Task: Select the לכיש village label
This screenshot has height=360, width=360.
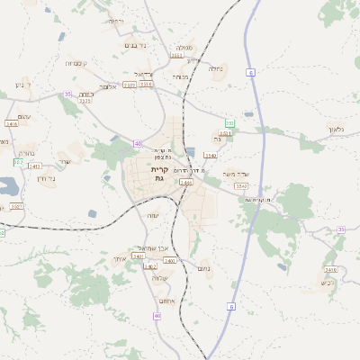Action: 328,283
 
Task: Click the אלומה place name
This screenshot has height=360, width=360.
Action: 108,86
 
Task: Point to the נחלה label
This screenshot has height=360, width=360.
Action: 215,68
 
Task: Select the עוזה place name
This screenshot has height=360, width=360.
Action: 152,215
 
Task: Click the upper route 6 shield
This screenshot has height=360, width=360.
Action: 250,72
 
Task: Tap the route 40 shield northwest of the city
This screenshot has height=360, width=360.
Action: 138,144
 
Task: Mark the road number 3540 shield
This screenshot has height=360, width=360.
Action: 210,156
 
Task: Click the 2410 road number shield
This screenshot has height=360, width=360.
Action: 330,269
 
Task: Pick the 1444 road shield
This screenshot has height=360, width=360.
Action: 185,182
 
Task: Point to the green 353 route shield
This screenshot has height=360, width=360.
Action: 229,123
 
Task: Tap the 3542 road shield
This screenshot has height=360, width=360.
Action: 241,185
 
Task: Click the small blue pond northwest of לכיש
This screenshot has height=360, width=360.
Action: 283,266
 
